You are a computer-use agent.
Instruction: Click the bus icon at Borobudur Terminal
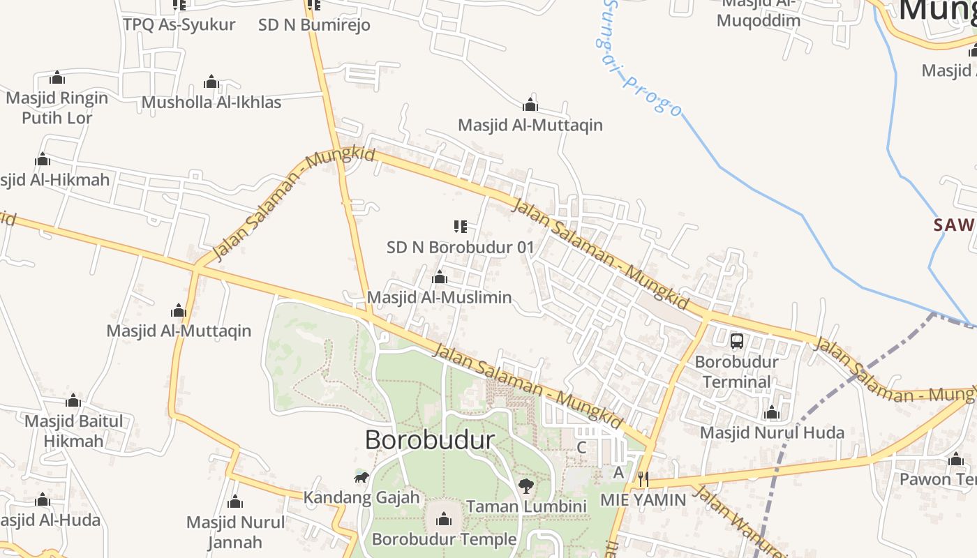tap(737, 340)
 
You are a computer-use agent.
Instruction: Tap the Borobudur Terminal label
tap(737, 372)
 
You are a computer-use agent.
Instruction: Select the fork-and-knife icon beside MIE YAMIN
tap(643, 478)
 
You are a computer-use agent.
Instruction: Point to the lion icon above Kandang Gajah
tap(361, 477)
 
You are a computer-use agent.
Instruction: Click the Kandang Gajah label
tap(361, 497)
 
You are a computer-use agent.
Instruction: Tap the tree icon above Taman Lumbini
tap(526, 485)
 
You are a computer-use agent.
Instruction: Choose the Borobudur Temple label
tap(444, 539)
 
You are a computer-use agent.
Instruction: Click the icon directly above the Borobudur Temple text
tap(443, 519)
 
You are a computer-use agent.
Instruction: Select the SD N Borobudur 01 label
tap(460, 247)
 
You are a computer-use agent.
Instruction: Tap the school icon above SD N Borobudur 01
tap(460, 226)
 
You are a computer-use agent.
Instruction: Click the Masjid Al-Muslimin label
tap(439, 297)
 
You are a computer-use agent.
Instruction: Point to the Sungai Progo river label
tap(639, 59)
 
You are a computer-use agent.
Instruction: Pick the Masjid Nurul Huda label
tap(772, 432)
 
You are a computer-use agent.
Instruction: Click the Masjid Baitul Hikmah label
tap(73, 431)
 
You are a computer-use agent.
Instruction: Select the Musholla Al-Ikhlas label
tap(211, 103)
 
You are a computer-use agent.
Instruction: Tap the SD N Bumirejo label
tap(314, 25)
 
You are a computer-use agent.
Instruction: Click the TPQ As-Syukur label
tap(179, 25)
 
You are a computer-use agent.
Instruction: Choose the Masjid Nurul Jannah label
tap(235, 531)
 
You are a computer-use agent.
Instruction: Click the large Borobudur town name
tap(430, 439)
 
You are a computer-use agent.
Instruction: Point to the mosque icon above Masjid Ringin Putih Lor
tap(57, 77)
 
